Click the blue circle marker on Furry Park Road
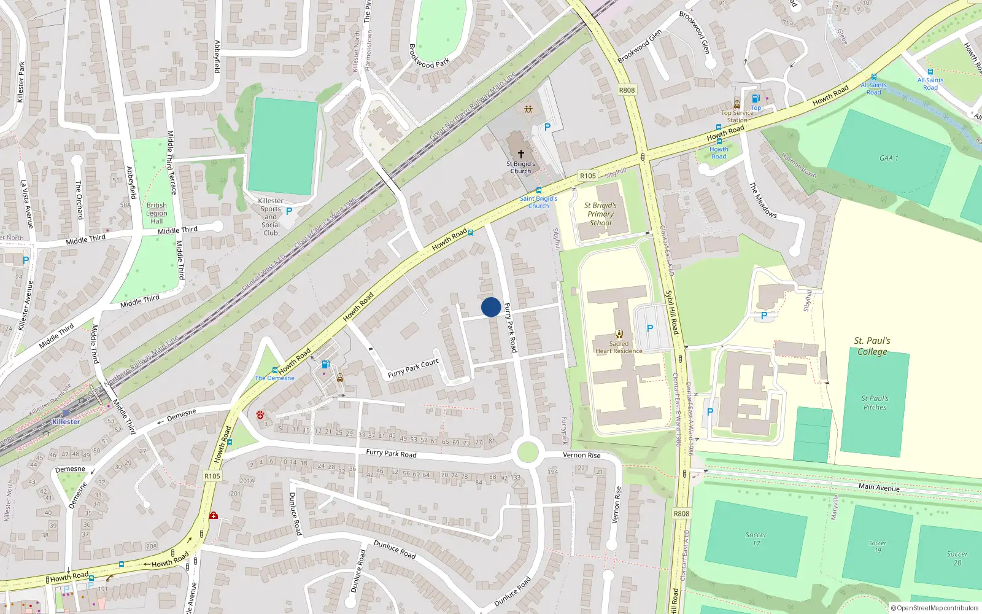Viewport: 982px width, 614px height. pos(490,307)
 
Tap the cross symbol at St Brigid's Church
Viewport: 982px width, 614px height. pos(521,153)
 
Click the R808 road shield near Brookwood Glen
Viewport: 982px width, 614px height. pos(627,90)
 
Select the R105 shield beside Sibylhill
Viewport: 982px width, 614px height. pos(587,176)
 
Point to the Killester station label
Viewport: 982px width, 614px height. pos(66,422)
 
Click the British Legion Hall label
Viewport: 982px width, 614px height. pos(157,213)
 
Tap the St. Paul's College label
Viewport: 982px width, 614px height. pos(872,346)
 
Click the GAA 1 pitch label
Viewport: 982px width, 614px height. pos(888,158)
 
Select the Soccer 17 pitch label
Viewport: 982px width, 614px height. pos(756,539)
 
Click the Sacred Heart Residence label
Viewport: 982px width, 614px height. pos(619,348)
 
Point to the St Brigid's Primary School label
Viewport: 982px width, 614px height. pos(600,214)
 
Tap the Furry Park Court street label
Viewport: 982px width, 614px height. pos(413,368)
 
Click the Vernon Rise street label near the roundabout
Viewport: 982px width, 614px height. pos(581,455)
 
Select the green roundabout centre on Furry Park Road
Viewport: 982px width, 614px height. pos(528,453)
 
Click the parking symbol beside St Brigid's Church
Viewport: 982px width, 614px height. pos(547,127)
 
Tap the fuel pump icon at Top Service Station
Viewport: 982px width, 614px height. pos(756,98)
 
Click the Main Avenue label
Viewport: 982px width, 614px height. pos(879,487)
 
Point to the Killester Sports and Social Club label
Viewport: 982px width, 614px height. pos(271,217)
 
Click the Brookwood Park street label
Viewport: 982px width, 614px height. pos(429,55)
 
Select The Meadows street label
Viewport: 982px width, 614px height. pos(763,200)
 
